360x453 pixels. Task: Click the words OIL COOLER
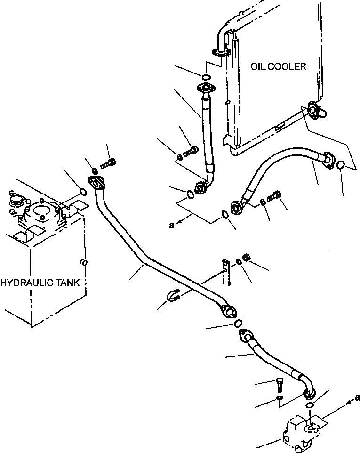coord(278,66)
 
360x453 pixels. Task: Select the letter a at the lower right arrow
coord(357,397)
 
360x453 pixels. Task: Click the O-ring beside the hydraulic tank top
coord(83,192)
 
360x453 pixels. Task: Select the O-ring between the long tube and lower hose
coord(238,323)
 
